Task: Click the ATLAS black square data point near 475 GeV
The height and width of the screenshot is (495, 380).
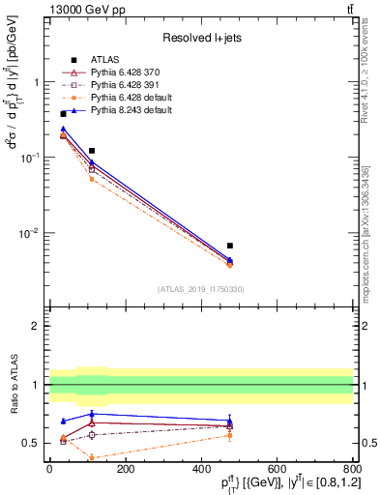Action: [x=230, y=246]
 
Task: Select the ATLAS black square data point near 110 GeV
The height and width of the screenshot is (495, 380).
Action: [x=92, y=151]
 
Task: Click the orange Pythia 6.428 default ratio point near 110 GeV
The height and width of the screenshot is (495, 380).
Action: [x=92, y=458]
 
